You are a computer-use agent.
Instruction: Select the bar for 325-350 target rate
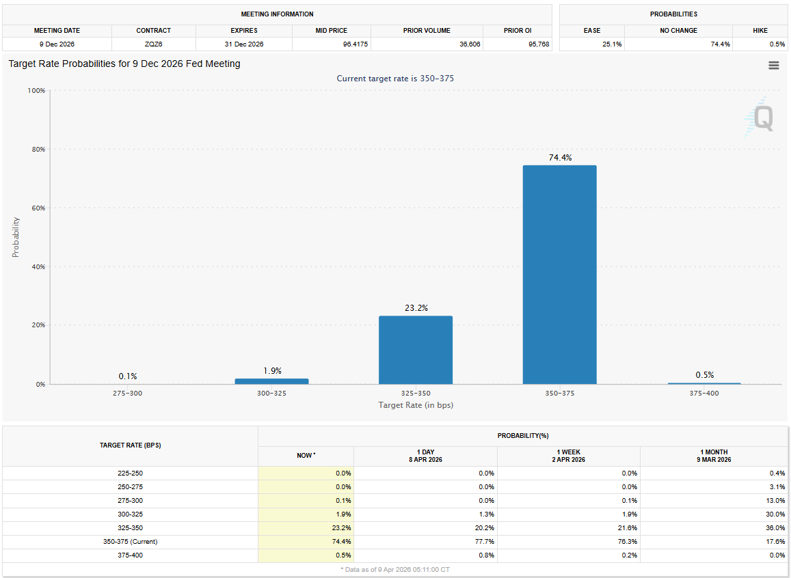click(x=416, y=350)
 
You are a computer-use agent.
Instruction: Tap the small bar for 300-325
click(x=271, y=381)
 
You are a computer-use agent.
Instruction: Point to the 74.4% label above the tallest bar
click(x=560, y=158)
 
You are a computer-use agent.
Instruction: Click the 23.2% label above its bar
click(x=416, y=308)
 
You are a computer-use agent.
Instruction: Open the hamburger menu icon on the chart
click(x=773, y=65)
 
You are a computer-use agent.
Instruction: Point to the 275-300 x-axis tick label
click(x=128, y=394)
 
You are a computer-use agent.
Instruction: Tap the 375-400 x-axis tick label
click(x=704, y=394)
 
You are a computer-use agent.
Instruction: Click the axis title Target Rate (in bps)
click(x=416, y=405)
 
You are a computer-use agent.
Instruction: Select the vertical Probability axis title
click(x=16, y=237)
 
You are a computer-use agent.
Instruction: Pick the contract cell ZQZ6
click(x=153, y=44)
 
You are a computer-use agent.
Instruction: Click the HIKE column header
click(x=759, y=31)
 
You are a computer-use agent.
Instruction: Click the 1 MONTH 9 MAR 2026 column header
click(x=713, y=456)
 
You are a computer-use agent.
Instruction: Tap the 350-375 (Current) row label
click(x=130, y=542)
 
